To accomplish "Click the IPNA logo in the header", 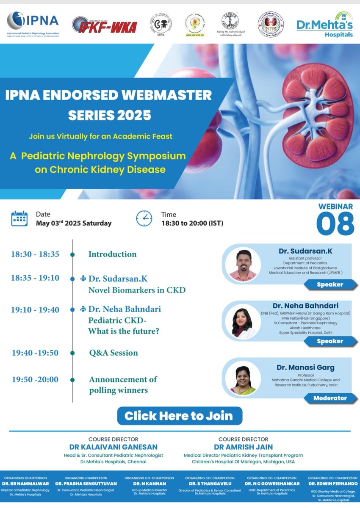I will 33,24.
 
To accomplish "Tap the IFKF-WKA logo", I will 104,26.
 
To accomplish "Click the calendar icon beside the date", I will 19,218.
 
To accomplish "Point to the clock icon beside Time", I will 144,218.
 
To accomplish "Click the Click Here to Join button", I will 180,415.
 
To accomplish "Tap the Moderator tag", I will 330,398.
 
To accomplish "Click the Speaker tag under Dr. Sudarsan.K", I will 330,285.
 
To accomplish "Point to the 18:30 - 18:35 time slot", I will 35,254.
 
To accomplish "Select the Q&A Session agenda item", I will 113,353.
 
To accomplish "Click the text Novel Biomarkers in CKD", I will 137,290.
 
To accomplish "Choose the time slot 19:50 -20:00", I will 35,379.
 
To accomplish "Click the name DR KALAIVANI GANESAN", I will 114,447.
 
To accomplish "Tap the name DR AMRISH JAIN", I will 243,447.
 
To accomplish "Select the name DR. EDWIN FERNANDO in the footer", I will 330,483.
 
